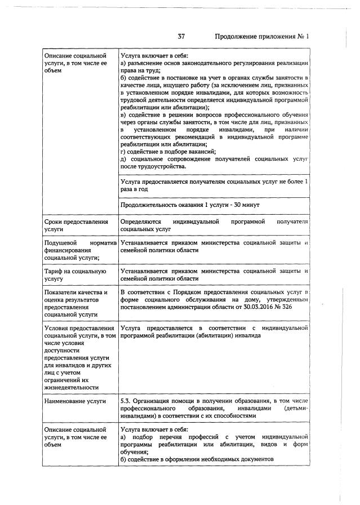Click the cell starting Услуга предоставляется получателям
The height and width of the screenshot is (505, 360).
click(x=214, y=185)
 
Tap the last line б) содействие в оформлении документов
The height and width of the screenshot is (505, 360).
click(x=197, y=459)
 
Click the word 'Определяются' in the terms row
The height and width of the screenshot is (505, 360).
click(x=141, y=223)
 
